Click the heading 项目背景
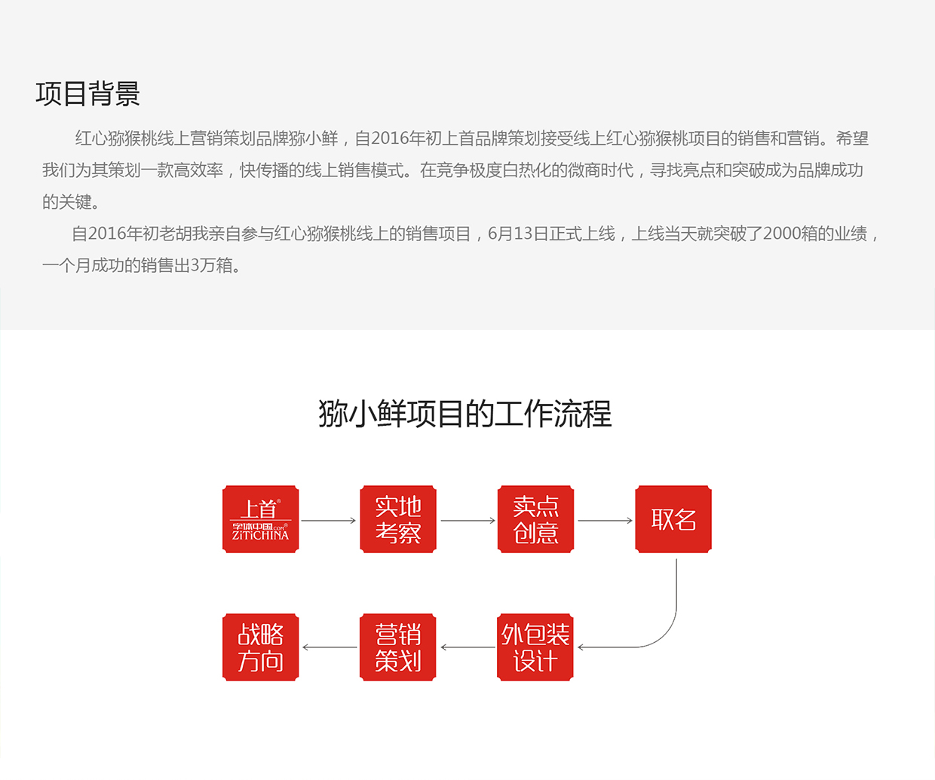click(x=87, y=94)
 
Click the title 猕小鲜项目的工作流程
click(x=465, y=414)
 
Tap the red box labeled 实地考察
click(x=398, y=519)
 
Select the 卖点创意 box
click(x=535, y=519)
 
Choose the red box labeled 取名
click(x=673, y=519)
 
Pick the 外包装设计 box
click(x=535, y=647)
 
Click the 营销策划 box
click(x=397, y=647)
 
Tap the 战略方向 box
click(x=261, y=647)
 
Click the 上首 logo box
click(x=261, y=519)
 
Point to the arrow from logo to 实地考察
click(x=328, y=521)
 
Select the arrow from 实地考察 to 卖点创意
click(x=468, y=521)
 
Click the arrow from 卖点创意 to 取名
click(x=605, y=521)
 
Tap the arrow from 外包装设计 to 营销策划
click(x=467, y=647)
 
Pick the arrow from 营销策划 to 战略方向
click(x=330, y=647)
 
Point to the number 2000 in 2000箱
click(x=780, y=234)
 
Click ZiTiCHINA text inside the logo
click(x=260, y=535)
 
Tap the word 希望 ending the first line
click(x=852, y=138)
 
